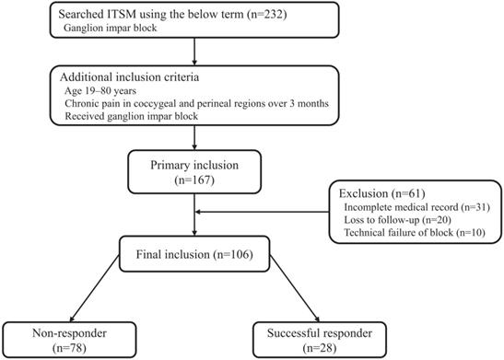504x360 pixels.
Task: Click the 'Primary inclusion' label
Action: [x=195, y=168]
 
